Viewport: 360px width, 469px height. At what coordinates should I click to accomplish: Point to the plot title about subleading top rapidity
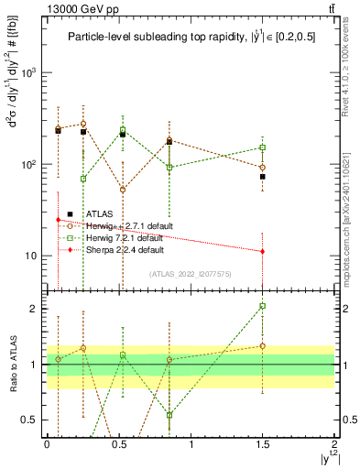(189, 38)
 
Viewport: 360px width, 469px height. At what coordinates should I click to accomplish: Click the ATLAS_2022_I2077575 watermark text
(191, 273)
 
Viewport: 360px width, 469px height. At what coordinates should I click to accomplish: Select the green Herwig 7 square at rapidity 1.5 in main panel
(263, 147)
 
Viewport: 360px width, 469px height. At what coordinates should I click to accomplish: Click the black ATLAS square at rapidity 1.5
(263, 177)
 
